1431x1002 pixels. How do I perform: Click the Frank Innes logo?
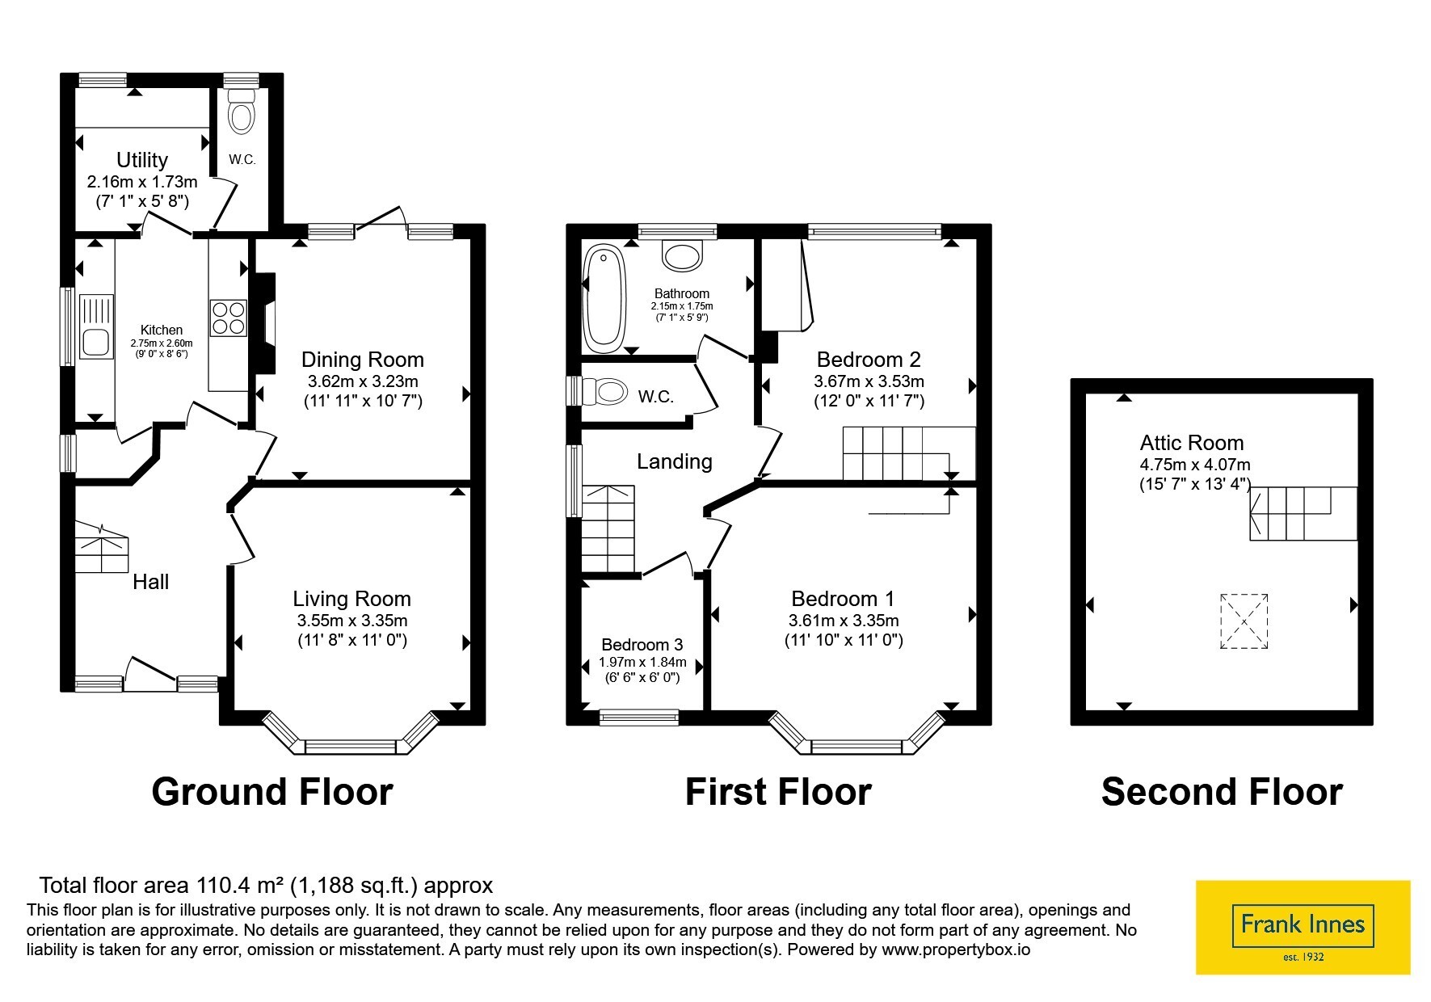click(x=1303, y=927)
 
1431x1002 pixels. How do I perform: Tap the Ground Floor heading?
click(x=272, y=792)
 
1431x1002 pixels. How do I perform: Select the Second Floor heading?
click(x=1222, y=792)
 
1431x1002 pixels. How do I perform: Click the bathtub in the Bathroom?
click(x=601, y=297)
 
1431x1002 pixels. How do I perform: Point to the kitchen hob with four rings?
click(x=229, y=318)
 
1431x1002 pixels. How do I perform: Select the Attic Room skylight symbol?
click(x=1244, y=621)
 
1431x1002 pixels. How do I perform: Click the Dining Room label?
click(x=363, y=360)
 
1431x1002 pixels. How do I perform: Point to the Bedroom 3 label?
click(x=642, y=645)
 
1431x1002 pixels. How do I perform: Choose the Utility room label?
click(x=142, y=160)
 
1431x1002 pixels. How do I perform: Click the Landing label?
click(x=675, y=461)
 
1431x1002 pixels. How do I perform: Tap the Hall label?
click(x=151, y=582)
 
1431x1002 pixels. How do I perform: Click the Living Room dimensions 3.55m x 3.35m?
click(x=352, y=621)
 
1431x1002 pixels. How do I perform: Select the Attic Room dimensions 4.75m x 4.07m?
click(x=1195, y=465)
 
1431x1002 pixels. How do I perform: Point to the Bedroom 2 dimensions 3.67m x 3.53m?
click(x=869, y=381)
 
